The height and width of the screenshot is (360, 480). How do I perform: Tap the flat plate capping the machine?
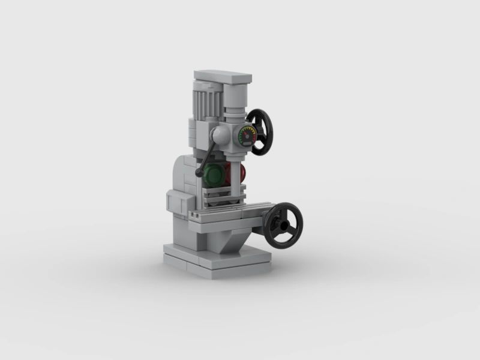pos(222,77)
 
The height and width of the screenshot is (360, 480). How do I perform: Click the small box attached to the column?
pos(175,203)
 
